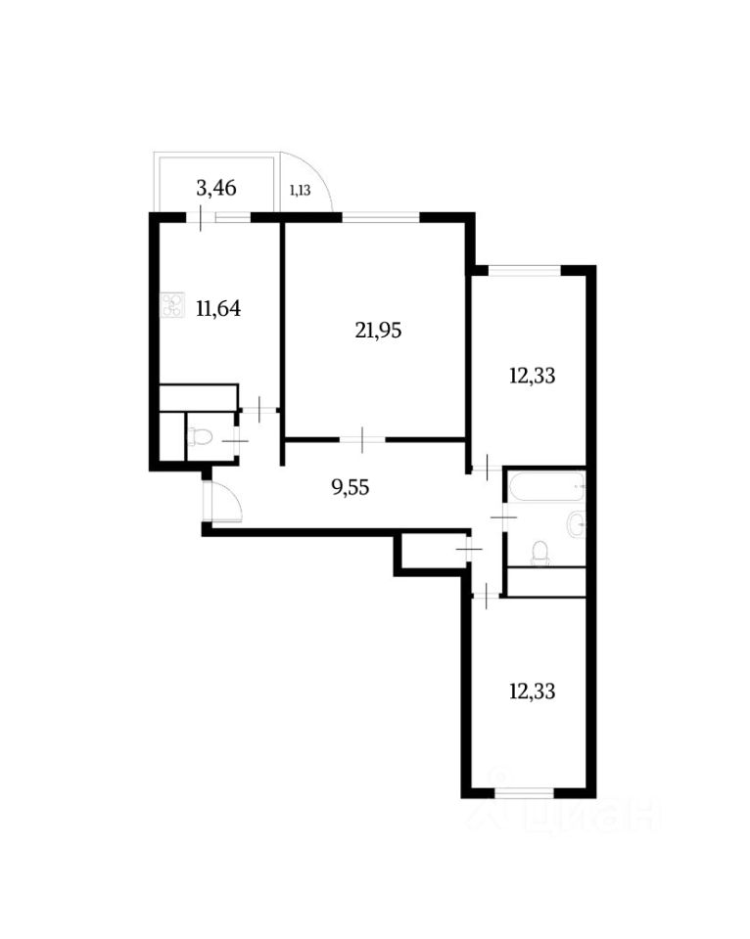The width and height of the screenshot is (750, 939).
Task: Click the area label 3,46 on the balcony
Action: point(216,187)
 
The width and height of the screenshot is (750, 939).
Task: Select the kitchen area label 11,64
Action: point(218,309)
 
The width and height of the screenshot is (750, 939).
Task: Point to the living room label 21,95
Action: point(378,331)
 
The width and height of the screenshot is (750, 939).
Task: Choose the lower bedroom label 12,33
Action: point(533,691)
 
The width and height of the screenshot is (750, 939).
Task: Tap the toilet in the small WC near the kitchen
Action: point(199,436)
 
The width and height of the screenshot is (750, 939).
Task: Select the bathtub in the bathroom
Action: point(544,485)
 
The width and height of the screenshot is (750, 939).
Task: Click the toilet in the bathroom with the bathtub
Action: point(539,555)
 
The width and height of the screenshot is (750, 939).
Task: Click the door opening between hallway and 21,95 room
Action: point(361,439)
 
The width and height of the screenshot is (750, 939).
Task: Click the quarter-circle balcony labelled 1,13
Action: point(304,186)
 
